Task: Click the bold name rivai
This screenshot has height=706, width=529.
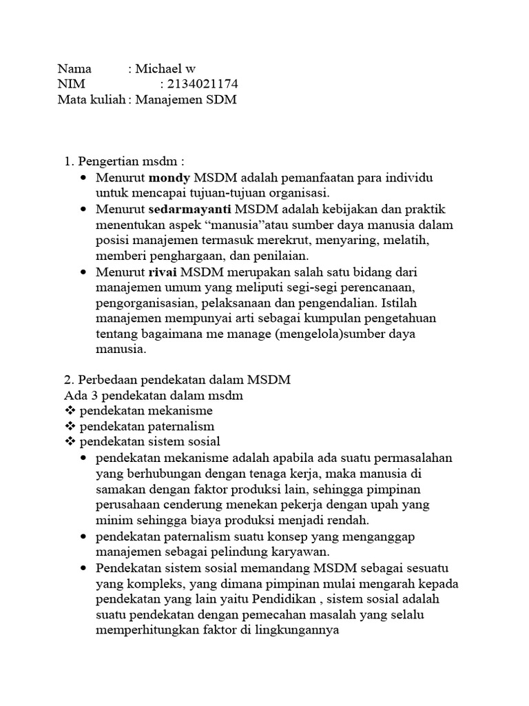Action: point(163,273)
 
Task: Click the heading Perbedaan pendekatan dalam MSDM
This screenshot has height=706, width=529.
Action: point(185,380)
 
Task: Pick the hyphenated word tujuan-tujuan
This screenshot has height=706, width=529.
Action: point(200,193)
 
